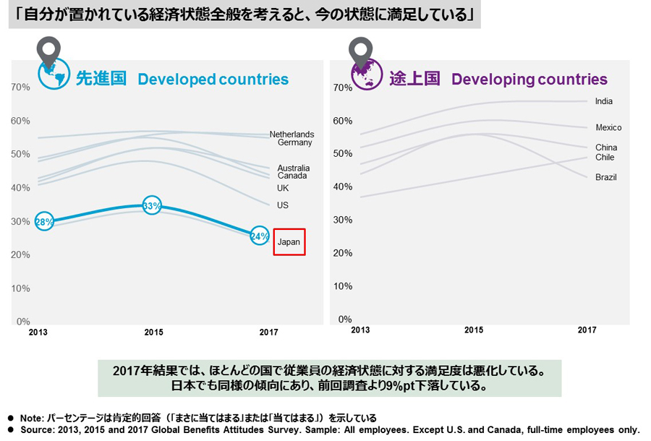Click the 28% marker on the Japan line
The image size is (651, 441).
44,221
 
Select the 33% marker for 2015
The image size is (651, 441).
151,206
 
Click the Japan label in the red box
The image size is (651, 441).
289,242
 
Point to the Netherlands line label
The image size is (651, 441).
292,134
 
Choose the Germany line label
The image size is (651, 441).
294,143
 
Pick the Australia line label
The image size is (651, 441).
293,168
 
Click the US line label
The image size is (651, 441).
283,205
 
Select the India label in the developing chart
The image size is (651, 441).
604,102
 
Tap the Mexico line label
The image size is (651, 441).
608,128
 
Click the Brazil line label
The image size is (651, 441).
606,177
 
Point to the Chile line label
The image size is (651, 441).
605,158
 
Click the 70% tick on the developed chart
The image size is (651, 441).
20,87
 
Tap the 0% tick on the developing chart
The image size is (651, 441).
344,319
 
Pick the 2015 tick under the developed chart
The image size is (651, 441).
153,333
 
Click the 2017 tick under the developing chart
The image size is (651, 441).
587,330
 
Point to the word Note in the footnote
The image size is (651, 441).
33,419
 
